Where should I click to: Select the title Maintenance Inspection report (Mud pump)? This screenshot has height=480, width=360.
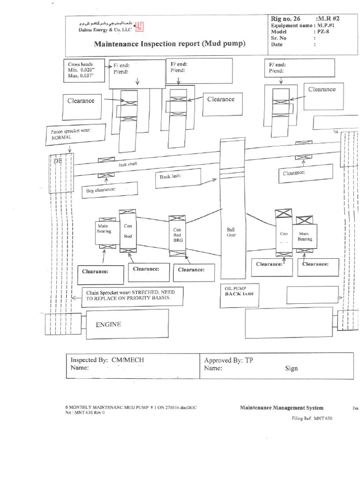170,44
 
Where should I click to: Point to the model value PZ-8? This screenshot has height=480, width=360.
322,31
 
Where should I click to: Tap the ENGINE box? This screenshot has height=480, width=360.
125,324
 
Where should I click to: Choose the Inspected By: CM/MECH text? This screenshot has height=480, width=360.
107,360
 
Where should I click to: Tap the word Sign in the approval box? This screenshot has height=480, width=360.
291,368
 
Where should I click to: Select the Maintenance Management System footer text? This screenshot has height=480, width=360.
281,408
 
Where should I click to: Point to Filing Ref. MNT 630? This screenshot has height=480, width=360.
312,418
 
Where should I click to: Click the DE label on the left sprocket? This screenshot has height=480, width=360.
58,161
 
